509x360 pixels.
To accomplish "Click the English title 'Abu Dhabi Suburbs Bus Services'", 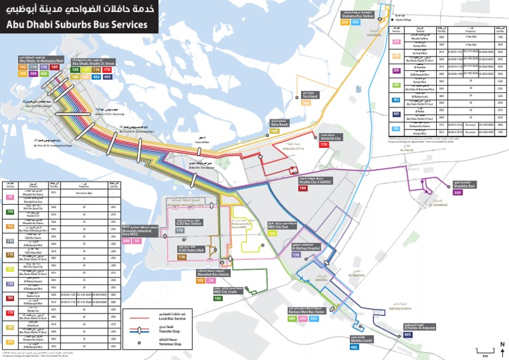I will (x=76, y=25).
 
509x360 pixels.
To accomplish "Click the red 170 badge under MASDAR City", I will (x=324, y=144).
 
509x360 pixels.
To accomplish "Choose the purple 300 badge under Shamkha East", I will (x=457, y=193).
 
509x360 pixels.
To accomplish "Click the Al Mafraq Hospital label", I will (x=306, y=247).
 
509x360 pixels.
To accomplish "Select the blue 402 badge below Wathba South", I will (x=354, y=347).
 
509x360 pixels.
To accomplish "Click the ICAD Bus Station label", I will (x=189, y=223).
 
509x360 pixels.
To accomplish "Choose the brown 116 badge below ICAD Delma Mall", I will (x=182, y=257).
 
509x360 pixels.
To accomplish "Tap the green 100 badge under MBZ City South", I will (x=217, y=298).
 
